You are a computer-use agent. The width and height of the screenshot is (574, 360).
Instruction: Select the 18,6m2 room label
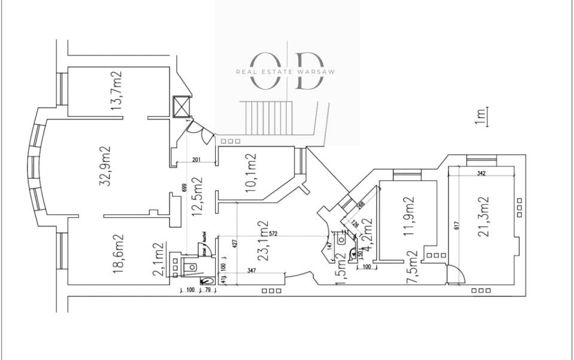118,254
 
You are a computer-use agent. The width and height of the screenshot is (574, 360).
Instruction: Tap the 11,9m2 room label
410,216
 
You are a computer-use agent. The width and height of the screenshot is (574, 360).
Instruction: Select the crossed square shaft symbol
181,106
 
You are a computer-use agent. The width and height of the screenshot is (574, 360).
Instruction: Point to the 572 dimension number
274,234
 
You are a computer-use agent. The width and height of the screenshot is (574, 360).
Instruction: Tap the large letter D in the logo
310,71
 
